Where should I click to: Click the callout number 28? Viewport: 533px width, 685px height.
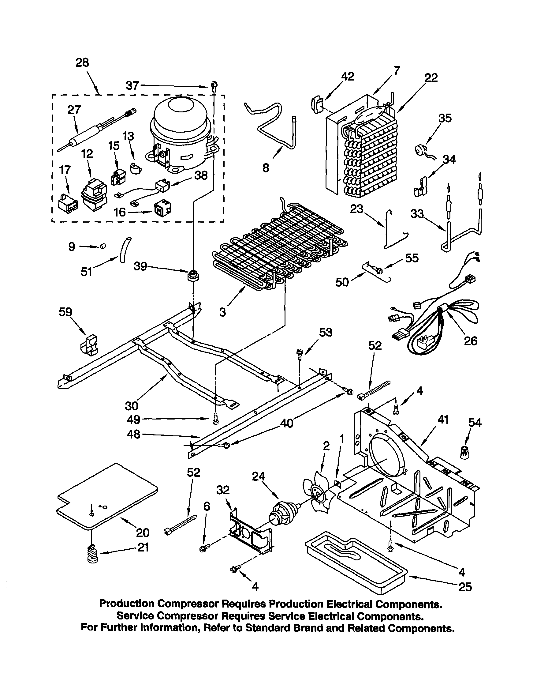tap(82, 63)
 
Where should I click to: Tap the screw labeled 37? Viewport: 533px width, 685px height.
tap(215, 85)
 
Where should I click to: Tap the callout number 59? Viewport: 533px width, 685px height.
tap(65, 312)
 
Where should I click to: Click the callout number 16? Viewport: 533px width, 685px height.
tap(120, 212)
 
